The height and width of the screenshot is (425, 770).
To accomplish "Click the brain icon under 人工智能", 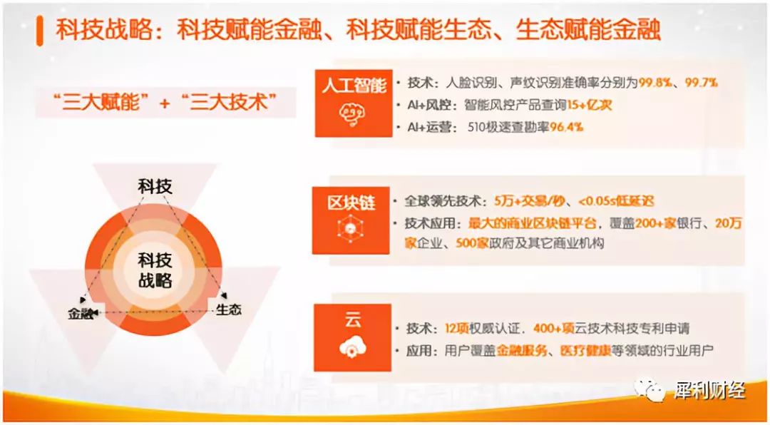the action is point(351,116).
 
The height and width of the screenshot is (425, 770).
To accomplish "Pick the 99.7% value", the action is point(702,83).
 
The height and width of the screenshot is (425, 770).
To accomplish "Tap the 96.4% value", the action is point(566,127).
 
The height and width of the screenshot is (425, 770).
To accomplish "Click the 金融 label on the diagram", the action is point(81,312).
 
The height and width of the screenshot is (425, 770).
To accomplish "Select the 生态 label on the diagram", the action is point(228,309).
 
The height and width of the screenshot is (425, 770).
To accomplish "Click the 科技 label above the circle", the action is point(155,187).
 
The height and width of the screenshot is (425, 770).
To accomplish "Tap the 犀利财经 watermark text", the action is point(709,391).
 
